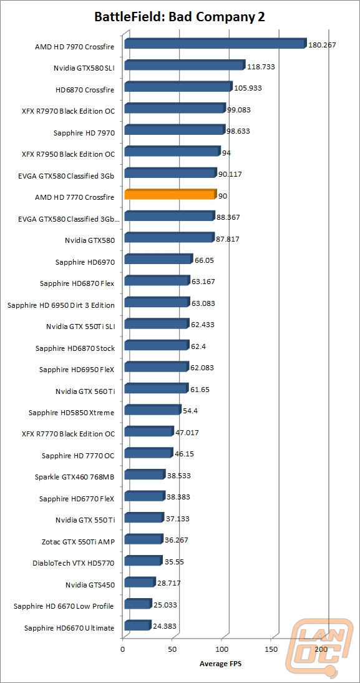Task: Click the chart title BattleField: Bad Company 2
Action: click(180, 17)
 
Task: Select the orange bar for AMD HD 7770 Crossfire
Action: click(170, 194)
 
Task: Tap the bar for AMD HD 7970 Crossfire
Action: click(215, 43)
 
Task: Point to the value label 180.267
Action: click(322, 44)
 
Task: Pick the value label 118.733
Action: click(261, 67)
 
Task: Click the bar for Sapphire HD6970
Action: click(158, 258)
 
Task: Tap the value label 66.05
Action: click(205, 260)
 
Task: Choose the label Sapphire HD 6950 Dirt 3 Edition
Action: click(61, 305)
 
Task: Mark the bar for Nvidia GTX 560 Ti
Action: click(156, 388)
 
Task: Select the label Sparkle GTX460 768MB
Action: click(74, 477)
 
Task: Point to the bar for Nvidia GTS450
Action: click(140, 582)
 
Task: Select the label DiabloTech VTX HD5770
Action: click(74, 563)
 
